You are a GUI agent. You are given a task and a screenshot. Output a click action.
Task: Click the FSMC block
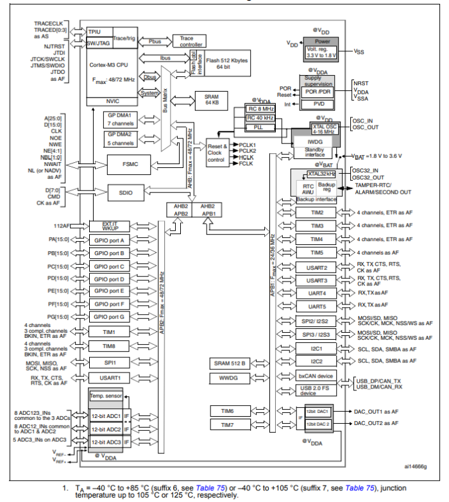(126, 163)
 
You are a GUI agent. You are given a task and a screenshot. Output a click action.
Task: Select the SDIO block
(125, 192)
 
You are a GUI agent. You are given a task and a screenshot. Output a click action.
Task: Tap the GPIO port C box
(108, 266)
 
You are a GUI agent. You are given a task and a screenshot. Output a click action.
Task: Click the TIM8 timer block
(108, 346)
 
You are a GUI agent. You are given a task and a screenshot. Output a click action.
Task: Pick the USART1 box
(108, 378)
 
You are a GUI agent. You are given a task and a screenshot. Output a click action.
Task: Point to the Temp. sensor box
(105, 396)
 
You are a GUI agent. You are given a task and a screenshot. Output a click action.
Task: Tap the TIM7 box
(228, 424)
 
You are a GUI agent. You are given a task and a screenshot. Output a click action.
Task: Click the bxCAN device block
(316, 376)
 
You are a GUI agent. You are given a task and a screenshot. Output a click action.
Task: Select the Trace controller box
(189, 41)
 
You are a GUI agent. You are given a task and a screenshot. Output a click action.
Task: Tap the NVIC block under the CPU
(112, 101)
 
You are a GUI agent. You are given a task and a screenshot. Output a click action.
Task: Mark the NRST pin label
(361, 83)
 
